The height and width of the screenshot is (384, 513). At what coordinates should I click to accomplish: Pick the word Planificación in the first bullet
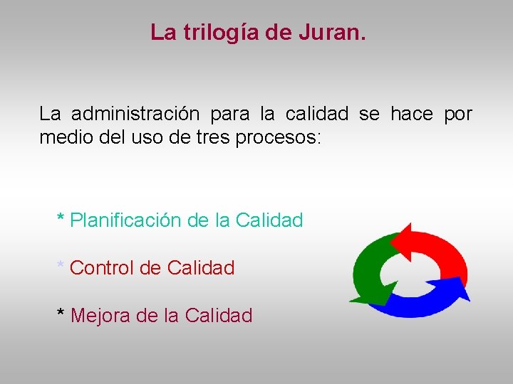point(125,220)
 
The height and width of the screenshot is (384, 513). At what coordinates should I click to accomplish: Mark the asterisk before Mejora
point(61,313)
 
